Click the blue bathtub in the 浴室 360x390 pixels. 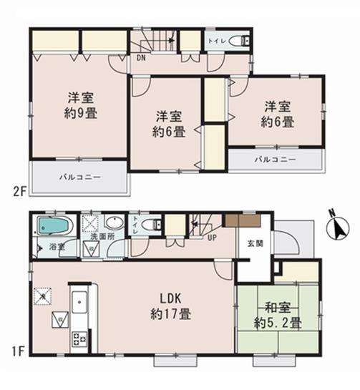(54, 227)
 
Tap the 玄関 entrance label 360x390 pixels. (254, 243)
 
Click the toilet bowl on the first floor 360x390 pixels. (150, 225)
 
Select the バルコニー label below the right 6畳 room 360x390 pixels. (275, 159)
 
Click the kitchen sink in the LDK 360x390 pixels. (79, 303)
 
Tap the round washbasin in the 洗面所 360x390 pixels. (115, 223)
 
